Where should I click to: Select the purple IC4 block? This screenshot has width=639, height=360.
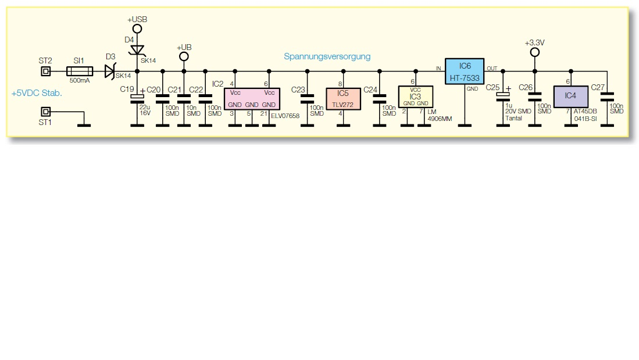click(570, 97)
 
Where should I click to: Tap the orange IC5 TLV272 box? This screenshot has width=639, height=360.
click(342, 97)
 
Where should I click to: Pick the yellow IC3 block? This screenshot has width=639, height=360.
click(415, 96)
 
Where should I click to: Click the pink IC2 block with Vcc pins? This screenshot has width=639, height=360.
click(252, 98)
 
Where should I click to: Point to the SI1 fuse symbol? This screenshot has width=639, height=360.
click(79, 72)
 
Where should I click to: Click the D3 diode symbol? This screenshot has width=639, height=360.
click(109, 72)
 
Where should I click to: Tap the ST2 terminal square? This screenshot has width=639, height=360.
click(45, 72)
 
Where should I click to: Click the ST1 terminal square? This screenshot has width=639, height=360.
click(45, 111)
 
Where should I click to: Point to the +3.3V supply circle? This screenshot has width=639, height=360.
click(534, 52)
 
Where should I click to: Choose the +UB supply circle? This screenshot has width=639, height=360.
click(184, 56)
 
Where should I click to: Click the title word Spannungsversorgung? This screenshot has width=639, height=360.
click(327, 56)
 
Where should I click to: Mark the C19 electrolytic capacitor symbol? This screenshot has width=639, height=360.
click(138, 97)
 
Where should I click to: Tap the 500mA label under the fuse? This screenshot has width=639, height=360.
click(79, 81)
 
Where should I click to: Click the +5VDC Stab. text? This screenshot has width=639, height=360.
click(37, 93)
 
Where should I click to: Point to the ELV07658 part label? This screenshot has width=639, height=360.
click(284, 116)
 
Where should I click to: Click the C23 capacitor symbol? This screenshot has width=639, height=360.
click(307, 101)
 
